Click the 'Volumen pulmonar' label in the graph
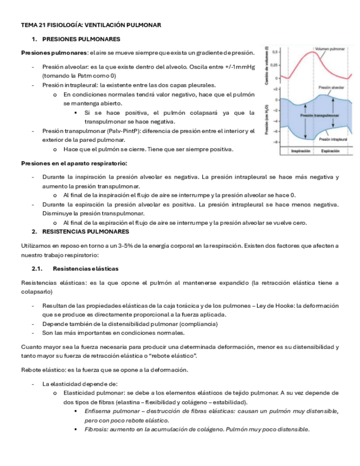tap(330, 49)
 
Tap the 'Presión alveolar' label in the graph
tap(331, 87)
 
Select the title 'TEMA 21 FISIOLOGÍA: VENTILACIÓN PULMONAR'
tap(91, 25)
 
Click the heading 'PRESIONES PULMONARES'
tap(81, 39)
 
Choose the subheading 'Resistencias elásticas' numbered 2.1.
tap(85, 268)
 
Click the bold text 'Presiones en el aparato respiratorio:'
tap(74, 163)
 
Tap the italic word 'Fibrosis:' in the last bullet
tap(97, 429)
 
